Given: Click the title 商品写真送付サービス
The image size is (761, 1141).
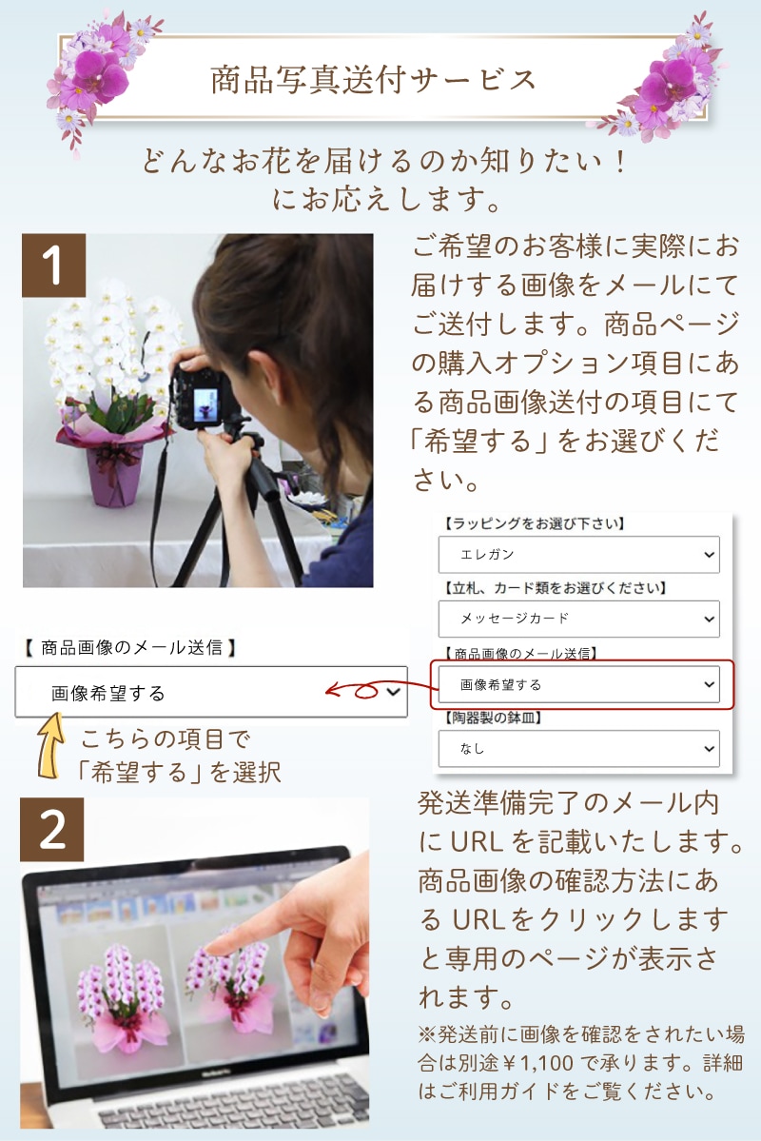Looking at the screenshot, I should [374, 79].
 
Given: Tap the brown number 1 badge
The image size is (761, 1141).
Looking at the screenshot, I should [54, 266].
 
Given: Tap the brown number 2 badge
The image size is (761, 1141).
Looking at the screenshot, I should [53, 829].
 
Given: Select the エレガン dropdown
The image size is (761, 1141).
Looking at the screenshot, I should [578, 554].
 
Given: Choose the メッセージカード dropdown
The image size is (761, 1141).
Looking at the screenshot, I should [578, 620].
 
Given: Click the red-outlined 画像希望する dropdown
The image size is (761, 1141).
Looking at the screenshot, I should [578, 684].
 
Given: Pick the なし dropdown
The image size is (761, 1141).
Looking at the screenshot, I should [578, 749].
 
